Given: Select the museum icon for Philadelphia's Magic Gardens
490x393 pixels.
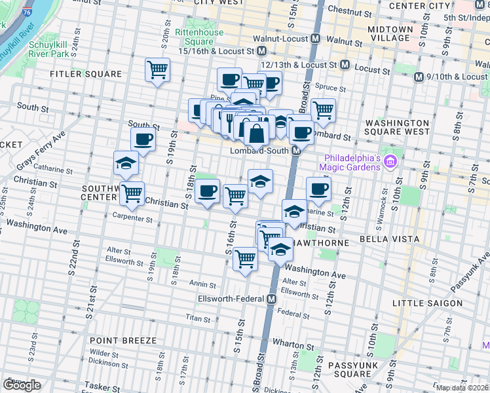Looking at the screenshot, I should [391, 160].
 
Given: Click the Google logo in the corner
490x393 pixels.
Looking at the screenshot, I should [22, 385].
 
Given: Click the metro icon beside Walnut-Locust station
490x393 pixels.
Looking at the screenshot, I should [315, 39].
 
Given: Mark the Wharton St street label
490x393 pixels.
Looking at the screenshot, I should [290, 345].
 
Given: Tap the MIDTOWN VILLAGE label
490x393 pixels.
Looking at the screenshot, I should [390, 33].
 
